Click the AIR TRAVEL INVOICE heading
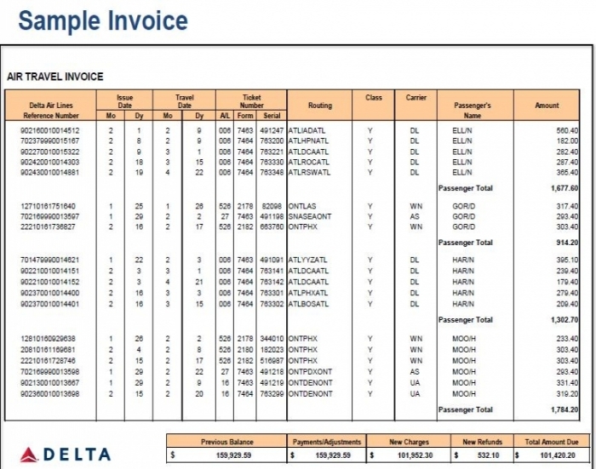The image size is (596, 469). point(55,77)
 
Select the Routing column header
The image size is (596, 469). point(320,106)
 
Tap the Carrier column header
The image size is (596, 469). point(415,98)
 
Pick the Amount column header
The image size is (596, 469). point(547,106)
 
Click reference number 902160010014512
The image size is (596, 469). point(50,130)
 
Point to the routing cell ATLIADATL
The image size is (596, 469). point(307,130)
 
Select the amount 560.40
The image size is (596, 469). point(567,130)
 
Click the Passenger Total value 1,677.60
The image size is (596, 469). point(564,188)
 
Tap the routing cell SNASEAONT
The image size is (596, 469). point(310,216)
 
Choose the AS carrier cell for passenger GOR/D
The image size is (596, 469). point(415,216)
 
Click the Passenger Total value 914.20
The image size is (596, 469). point(567,243)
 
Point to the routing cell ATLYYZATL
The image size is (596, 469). point(307,260)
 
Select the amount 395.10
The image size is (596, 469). point(567,260)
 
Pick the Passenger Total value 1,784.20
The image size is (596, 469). point(564,410)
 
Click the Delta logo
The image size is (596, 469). point(66,454)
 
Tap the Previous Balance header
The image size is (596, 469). point(226,442)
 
